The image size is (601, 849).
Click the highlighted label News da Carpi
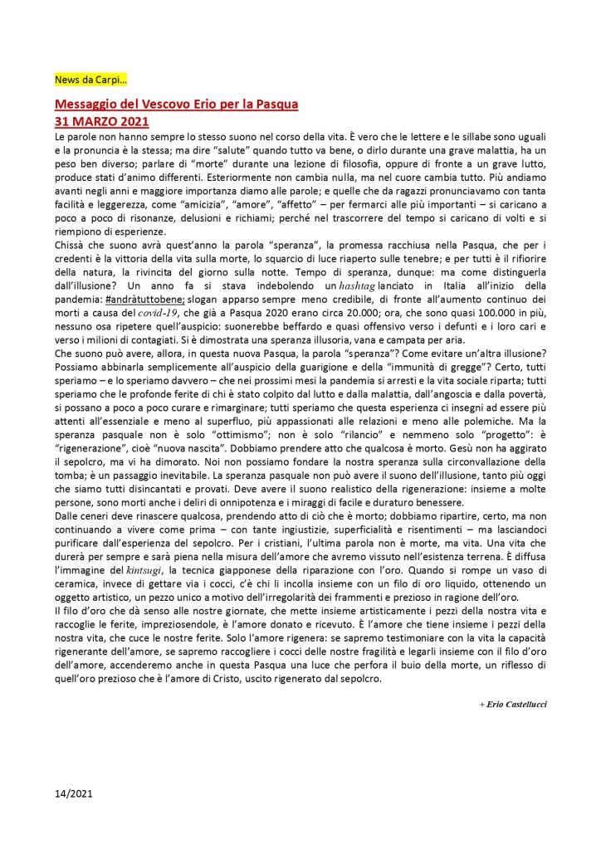(85, 81)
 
